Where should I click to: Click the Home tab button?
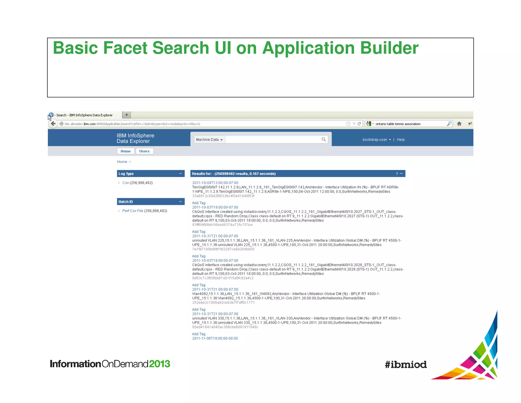[x=125, y=151]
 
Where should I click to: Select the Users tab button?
[x=144, y=151]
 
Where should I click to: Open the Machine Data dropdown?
[x=209, y=140]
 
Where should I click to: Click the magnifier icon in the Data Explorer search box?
[x=324, y=139]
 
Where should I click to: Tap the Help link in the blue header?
[x=401, y=140]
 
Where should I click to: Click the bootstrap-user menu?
[x=377, y=140]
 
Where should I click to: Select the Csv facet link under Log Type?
[x=125, y=183]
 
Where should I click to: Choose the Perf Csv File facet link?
[x=133, y=211]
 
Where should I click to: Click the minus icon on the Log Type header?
[x=180, y=173]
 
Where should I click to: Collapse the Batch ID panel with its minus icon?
[x=180, y=201]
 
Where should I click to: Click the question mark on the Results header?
[x=397, y=174]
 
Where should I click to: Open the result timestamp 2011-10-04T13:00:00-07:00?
[x=215, y=183]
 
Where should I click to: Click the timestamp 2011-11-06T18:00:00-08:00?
[x=215, y=339]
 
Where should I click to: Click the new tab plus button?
[x=126, y=115]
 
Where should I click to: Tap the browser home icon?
[x=459, y=124]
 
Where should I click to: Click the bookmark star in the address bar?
[x=348, y=124]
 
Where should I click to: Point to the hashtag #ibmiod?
[x=406, y=365]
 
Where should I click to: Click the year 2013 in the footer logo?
[x=160, y=364]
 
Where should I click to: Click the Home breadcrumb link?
[x=122, y=162]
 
